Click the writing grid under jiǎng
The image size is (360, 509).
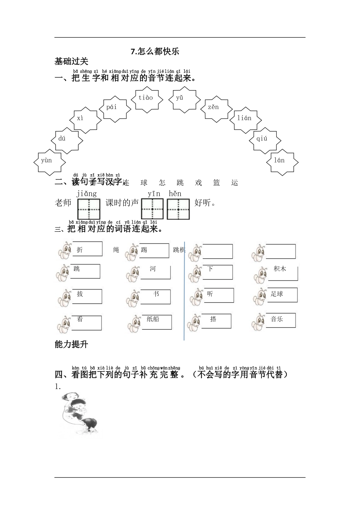pos(89,209)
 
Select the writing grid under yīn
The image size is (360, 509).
pos(152,209)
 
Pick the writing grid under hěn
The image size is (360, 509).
pos(178,209)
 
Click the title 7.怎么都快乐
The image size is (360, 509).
pos(155,52)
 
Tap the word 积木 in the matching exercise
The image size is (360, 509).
pos(280,269)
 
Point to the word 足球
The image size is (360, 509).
pos(277,294)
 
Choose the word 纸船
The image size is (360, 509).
pos(153,319)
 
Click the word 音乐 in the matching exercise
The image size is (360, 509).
pos(277,319)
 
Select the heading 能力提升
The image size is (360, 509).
pos(71,344)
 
